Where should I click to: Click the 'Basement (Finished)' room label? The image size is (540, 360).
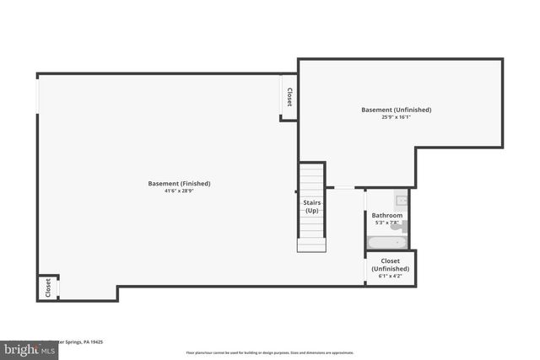click(x=179, y=184)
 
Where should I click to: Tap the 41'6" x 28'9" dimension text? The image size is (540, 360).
click(x=179, y=191)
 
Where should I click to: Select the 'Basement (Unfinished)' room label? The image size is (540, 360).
click(x=397, y=110)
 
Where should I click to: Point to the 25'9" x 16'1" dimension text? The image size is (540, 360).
click(x=396, y=117)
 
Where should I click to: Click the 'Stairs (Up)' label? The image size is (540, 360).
click(x=311, y=206)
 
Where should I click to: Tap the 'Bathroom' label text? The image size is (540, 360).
click(x=387, y=216)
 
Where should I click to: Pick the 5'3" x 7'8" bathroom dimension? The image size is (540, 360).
click(x=387, y=223)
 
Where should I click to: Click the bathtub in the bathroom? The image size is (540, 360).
click(x=388, y=243)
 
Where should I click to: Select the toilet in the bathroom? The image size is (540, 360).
click(x=397, y=226)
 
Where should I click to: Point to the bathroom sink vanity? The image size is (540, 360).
click(x=402, y=200)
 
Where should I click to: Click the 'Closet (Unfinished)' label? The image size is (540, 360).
click(x=390, y=265)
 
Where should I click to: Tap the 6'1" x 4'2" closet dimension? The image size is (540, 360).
click(x=390, y=276)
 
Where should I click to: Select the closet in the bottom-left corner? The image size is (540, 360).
click(x=47, y=287)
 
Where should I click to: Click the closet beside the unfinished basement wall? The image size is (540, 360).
click(x=289, y=97)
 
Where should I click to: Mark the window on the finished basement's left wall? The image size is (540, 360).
click(x=37, y=93)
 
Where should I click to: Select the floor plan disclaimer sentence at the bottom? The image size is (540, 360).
click(x=270, y=352)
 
